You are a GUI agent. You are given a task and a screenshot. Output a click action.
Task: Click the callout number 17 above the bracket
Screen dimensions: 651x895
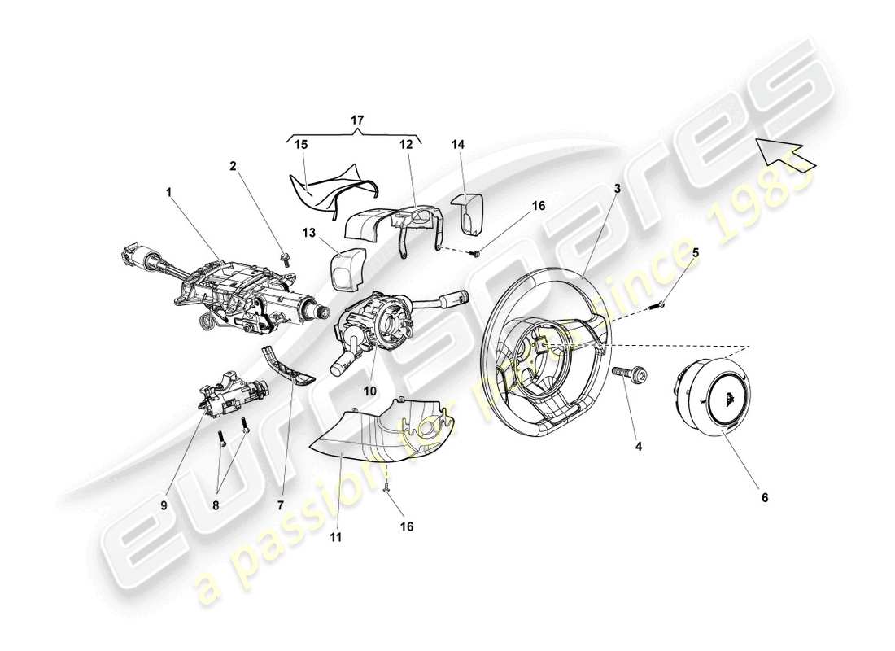(357, 120)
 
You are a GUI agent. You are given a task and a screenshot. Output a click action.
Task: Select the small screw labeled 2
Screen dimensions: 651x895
(286, 260)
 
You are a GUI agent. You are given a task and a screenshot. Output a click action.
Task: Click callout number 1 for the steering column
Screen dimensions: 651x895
(168, 194)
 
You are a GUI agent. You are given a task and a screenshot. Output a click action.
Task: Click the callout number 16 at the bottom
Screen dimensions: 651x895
(407, 526)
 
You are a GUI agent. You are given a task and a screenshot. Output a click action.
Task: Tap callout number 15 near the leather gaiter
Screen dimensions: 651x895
(302, 144)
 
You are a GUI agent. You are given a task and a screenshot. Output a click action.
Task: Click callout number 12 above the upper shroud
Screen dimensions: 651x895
(405, 144)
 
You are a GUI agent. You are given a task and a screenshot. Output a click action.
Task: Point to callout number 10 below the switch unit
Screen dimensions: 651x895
(369, 391)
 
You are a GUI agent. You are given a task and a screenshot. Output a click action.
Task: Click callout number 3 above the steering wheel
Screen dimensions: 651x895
(618, 188)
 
